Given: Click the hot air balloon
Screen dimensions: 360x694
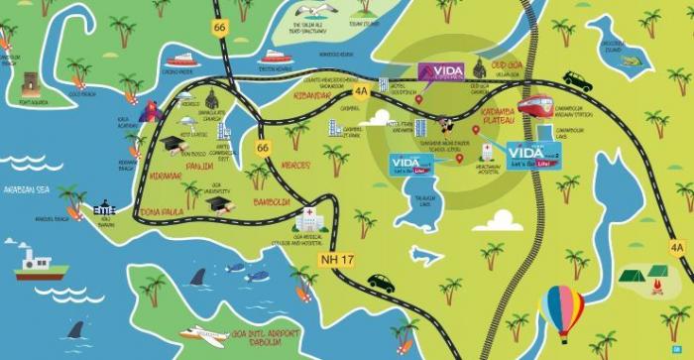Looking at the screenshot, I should click(x=561, y=304).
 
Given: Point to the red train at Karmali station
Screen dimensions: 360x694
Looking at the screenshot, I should click(x=533, y=105).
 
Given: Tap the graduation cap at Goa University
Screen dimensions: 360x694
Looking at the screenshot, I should click(x=217, y=202).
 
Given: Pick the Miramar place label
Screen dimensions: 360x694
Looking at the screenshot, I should click(x=164, y=175).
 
